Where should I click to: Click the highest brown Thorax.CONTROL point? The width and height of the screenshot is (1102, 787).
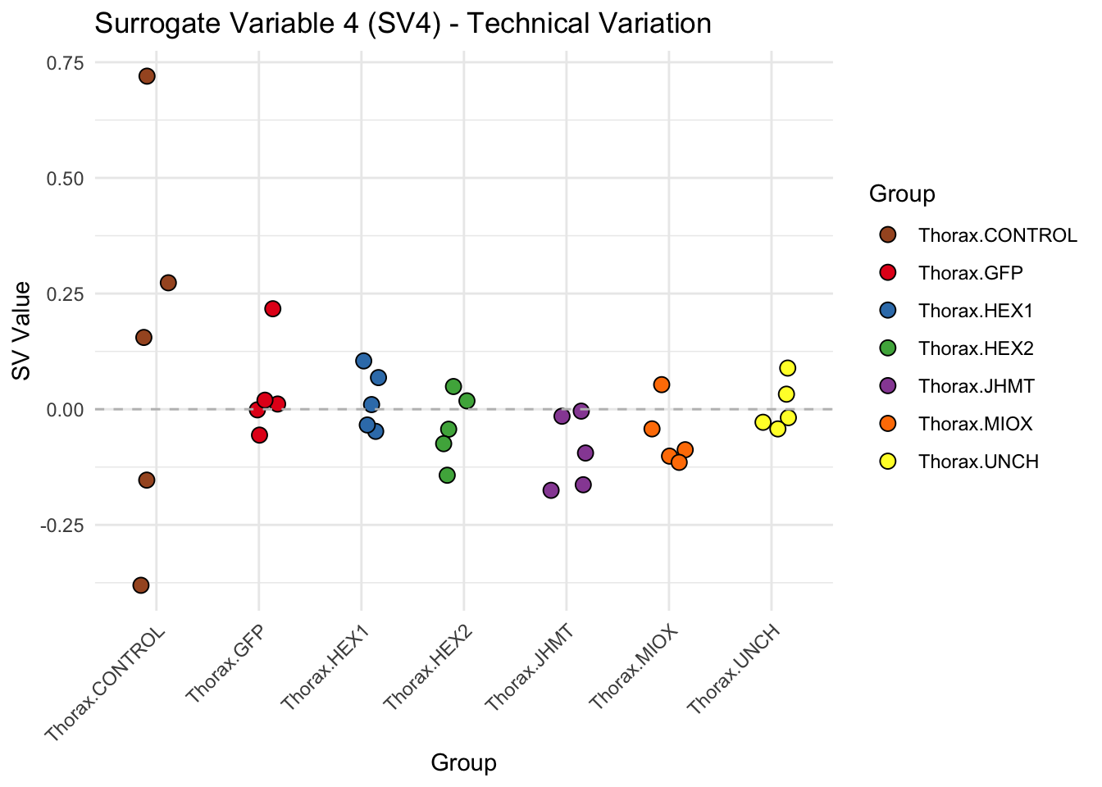[x=147, y=76]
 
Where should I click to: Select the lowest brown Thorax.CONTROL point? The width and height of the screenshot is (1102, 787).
[x=141, y=585]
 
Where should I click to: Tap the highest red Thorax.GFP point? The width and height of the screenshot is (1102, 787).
[x=273, y=308]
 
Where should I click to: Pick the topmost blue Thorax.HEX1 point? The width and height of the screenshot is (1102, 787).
[x=364, y=361]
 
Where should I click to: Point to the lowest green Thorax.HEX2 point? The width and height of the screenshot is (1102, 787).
[x=447, y=475]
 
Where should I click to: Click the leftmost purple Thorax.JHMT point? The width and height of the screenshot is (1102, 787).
[x=551, y=490]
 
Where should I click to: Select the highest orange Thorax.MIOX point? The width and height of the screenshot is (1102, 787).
[x=662, y=384]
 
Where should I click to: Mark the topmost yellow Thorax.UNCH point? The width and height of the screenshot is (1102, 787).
[x=787, y=367]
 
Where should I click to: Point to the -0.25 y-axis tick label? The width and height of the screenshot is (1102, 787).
[x=61, y=525]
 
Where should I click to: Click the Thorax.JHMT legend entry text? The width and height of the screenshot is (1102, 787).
[x=977, y=386]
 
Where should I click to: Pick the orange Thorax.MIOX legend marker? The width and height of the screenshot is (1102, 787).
[x=887, y=423]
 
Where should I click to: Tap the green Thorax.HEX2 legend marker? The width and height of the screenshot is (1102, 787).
[x=887, y=348]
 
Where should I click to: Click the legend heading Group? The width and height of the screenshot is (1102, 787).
[x=902, y=194]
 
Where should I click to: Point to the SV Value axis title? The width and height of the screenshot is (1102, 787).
[x=22, y=331]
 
